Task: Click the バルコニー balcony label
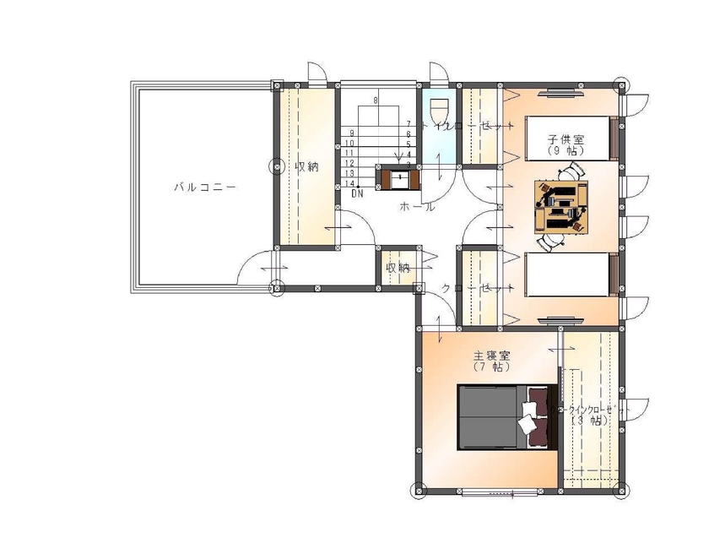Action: tap(200, 187)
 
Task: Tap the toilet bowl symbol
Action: tap(439, 112)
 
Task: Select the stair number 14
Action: tap(349, 182)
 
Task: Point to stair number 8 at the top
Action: tap(376, 100)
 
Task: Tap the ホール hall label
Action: tap(417, 206)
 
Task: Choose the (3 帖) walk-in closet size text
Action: tap(588, 421)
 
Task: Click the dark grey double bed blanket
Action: tap(491, 418)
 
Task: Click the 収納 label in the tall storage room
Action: tap(306, 167)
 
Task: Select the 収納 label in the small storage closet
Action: tap(398, 268)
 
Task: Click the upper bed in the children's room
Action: tap(566, 138)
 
